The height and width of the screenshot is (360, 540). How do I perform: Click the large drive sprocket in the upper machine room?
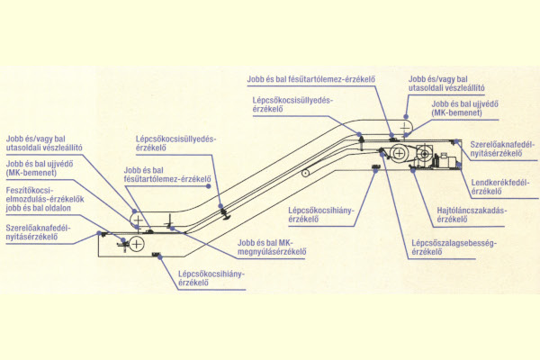pos(398,154)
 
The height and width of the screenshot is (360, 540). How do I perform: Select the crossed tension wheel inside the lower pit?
pos(137,244)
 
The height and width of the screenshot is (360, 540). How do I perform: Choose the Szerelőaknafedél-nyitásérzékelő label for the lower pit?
pos(44,236)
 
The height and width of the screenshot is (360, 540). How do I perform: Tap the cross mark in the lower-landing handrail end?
pos(136,220)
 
